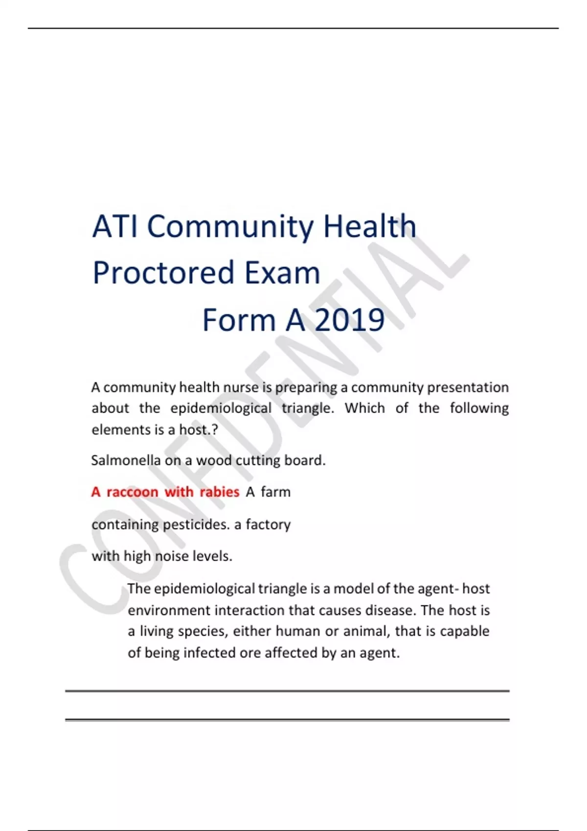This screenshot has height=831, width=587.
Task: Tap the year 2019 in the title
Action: (x=349, y=320)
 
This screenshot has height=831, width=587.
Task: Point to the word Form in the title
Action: (x=239, y=320)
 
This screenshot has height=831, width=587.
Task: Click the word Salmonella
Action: (x=126, y=460)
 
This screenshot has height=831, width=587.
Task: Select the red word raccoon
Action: (x=133, y=492)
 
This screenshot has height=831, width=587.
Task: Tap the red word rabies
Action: (x=220, y=492)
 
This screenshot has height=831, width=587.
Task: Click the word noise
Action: (x=172, y=556)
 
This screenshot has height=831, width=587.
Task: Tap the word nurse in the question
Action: (x=241, y=388)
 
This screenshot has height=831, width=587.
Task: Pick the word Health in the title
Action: (x=369, y=227)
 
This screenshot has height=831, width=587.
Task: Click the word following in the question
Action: (x=479, y=408)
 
